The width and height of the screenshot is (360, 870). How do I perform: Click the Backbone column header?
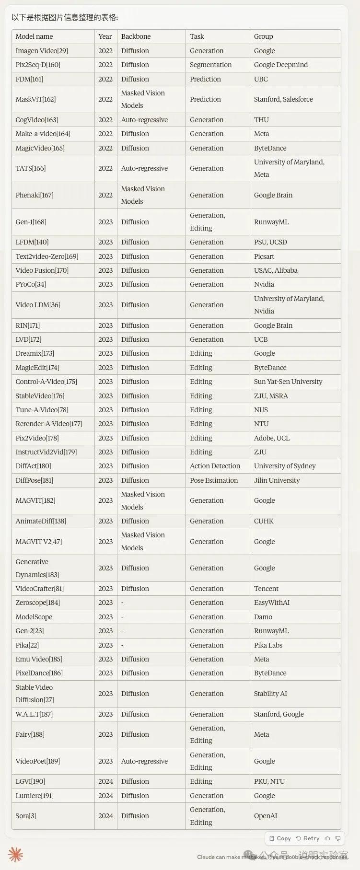coord(136,36)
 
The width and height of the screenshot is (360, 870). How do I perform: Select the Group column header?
coord(263,36)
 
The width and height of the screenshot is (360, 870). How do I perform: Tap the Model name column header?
coord(34,36)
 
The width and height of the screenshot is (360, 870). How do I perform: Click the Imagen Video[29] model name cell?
coord(42,51)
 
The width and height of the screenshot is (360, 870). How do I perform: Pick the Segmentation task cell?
coord(210,65)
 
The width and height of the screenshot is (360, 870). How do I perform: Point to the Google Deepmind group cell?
coord(280,65)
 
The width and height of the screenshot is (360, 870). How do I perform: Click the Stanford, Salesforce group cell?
coord(283,99)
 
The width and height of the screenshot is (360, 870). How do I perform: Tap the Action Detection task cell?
coord(215,466)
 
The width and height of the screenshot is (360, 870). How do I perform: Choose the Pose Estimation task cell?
coord(213,480)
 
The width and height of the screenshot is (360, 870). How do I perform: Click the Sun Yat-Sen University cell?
coord(288,382)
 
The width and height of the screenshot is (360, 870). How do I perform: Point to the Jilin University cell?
coord(277,480)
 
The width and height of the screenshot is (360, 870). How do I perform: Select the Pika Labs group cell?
coord(268,645)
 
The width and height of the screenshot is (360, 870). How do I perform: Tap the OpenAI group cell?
coord(266,816)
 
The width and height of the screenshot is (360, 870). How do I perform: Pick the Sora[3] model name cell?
coord(26,816)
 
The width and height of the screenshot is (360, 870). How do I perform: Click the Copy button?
coord(280,838)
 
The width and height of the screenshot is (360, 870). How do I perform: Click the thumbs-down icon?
coord(338,838)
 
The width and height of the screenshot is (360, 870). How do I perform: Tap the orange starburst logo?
coord(15,855)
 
